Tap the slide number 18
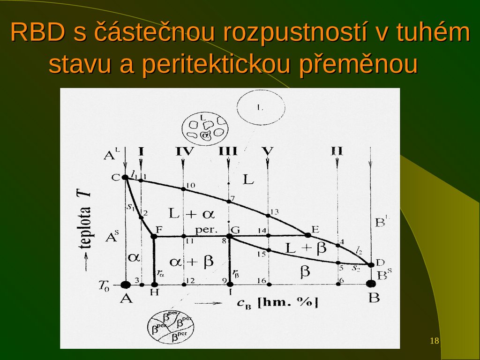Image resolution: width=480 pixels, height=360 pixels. [x=435, y=341]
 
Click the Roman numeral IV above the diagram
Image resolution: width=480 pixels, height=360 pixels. [x=184, y=151]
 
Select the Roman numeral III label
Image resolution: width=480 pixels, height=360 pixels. [x=228, y=151]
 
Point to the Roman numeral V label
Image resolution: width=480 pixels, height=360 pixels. [x=268, y=151]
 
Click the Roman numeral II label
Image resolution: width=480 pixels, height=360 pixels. [x=337, y=151]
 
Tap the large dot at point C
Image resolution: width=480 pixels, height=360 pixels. [x=125, y=177]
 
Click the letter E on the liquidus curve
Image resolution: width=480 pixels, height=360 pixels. [x=315, y=229]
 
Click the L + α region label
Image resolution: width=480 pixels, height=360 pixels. [x=191, y=214]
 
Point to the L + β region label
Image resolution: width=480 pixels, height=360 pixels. [x=306, y=248]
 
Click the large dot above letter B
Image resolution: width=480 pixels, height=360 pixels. [x=371, y=284]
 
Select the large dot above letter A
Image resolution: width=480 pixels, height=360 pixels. [x=125, y=284]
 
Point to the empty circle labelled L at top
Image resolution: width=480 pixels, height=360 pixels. [x=260, y=107]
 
